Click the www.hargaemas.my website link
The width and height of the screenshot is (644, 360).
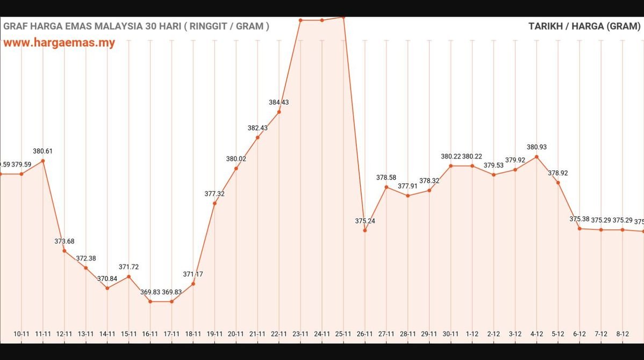point(59,43)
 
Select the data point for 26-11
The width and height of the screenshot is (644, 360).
point(365,231)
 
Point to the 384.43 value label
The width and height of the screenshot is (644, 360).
point(279,102)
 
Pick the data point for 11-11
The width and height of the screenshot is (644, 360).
point(43,161)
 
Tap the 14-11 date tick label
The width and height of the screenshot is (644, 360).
point(108,334)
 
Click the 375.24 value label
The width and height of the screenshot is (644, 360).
point(365,221)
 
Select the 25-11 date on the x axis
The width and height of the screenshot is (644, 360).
point(344,334)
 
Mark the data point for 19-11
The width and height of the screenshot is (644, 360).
point(215,203)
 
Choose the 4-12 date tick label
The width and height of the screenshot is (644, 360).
point(536,334)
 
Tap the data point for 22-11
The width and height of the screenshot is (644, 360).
point(279,112)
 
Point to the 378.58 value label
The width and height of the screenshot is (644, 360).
point(386,177)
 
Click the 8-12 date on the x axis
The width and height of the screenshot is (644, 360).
point(622,334)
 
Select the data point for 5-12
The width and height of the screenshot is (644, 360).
point(558,183)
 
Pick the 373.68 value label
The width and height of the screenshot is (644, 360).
point(65,241)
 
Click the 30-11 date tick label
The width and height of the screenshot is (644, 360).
point(450,334)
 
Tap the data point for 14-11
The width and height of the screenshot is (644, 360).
point(108,289)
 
